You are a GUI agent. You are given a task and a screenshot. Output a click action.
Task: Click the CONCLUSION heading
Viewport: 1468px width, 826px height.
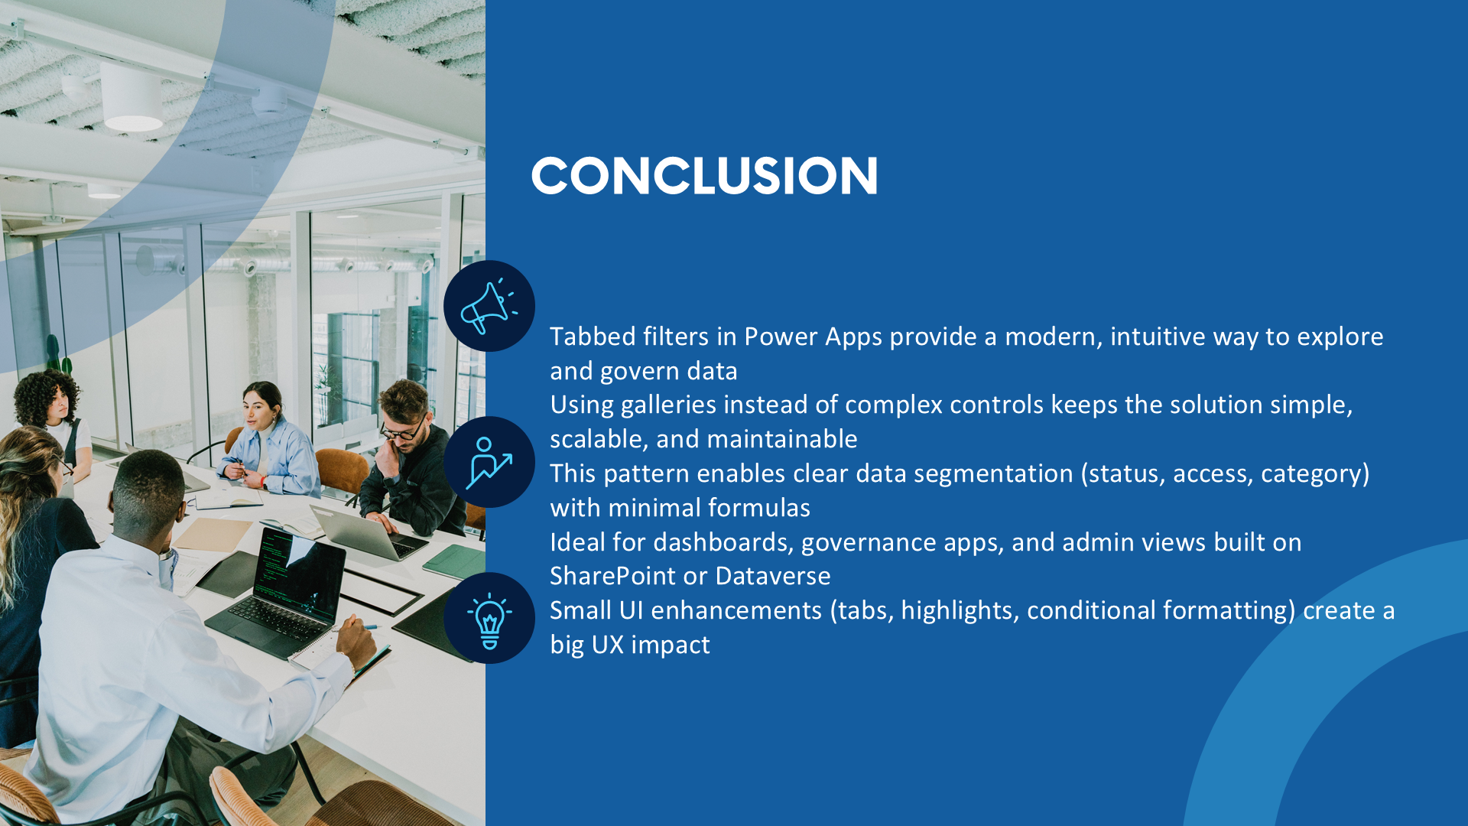coord(704,175)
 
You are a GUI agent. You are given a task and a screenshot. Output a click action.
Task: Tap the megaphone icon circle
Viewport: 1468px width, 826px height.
coord(489,306)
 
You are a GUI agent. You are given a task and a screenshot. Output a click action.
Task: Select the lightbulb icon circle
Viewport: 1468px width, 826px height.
coord(489,618)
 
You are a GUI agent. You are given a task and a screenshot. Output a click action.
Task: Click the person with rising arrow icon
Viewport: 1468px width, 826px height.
coord(489,462)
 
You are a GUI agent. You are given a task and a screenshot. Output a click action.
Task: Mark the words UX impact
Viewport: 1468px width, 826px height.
coord(651,645)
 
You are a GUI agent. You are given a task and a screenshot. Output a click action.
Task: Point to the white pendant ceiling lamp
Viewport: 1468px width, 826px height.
coord(132,96)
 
